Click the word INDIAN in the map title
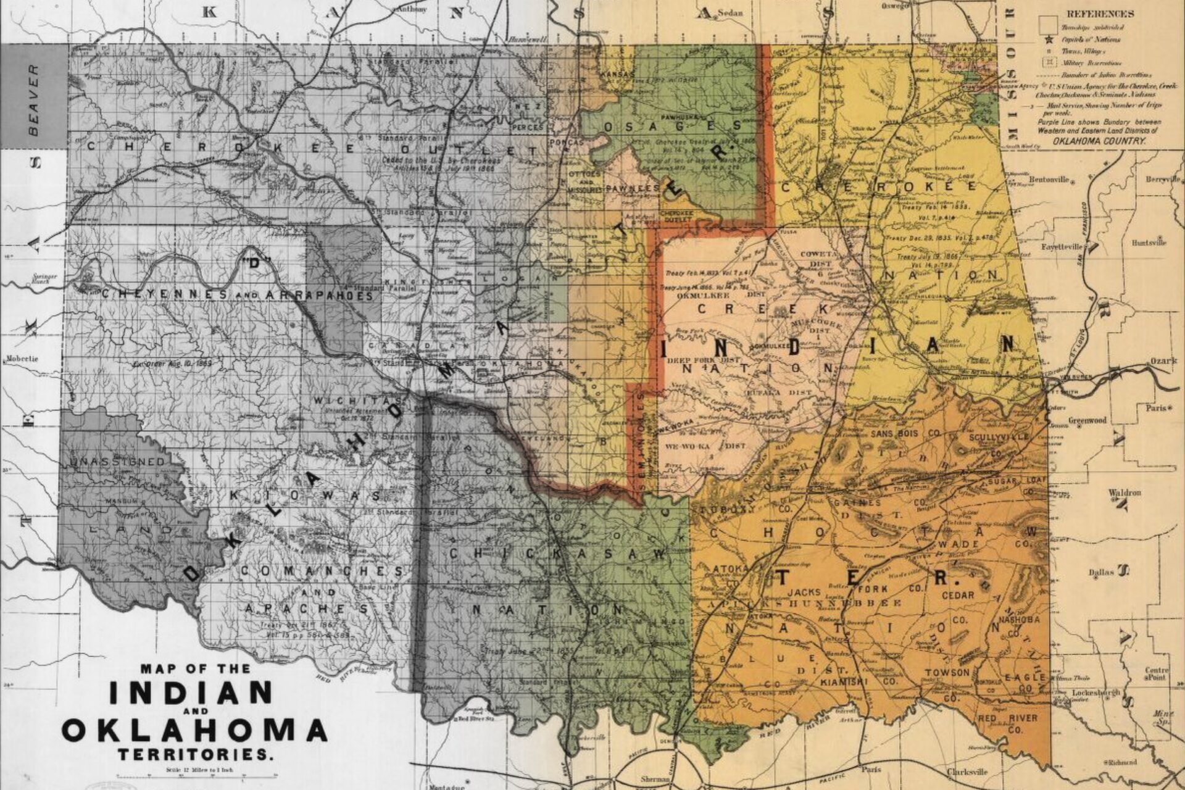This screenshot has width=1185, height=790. pyautogui.click(x=191, y=692)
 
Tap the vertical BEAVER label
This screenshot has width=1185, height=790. pyautogui.click(x=34, y=99)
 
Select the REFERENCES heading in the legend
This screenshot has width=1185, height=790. pyautogui.click(x=1100, y=14)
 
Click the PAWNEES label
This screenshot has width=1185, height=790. pyautogui.click(x=633, y=188)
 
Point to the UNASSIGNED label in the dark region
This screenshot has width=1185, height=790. pyautogui.click(x=117, y=462)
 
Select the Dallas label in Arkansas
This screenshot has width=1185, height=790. pyautogui.click(x=1102, y=572)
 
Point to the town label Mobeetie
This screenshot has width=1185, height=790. pyautogui.click(x=22, y=359)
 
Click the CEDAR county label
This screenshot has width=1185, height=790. pyautogui.click(x=958, y=596)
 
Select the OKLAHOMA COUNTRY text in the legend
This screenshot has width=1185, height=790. pyautogui.click(x=1099, y=141)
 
